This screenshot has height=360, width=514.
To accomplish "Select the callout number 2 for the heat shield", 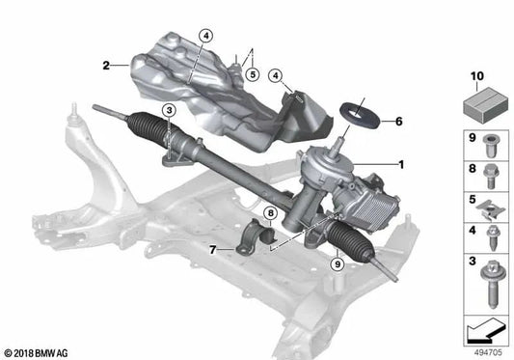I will [x=106, y=66].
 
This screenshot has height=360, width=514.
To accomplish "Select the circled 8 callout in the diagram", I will [x=271, y=212].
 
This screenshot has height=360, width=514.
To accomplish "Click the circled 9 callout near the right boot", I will [x=337, y=263].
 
